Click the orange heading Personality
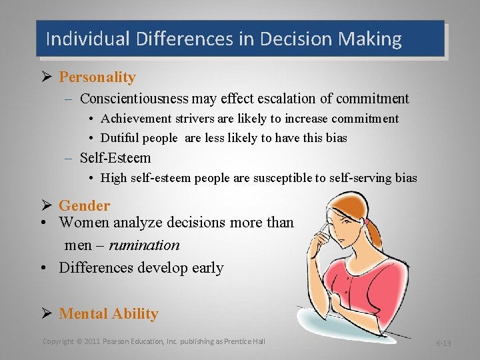point(97,77)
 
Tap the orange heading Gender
point(84,205)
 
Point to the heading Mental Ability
point(109,313)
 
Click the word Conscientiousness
point(134,99)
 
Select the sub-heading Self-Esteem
point(115,158)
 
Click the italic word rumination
point(144,245)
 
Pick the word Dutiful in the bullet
point(119,138)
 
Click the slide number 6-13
point(443,343)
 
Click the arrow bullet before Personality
point(47,77)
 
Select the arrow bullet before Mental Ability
point(47,313)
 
